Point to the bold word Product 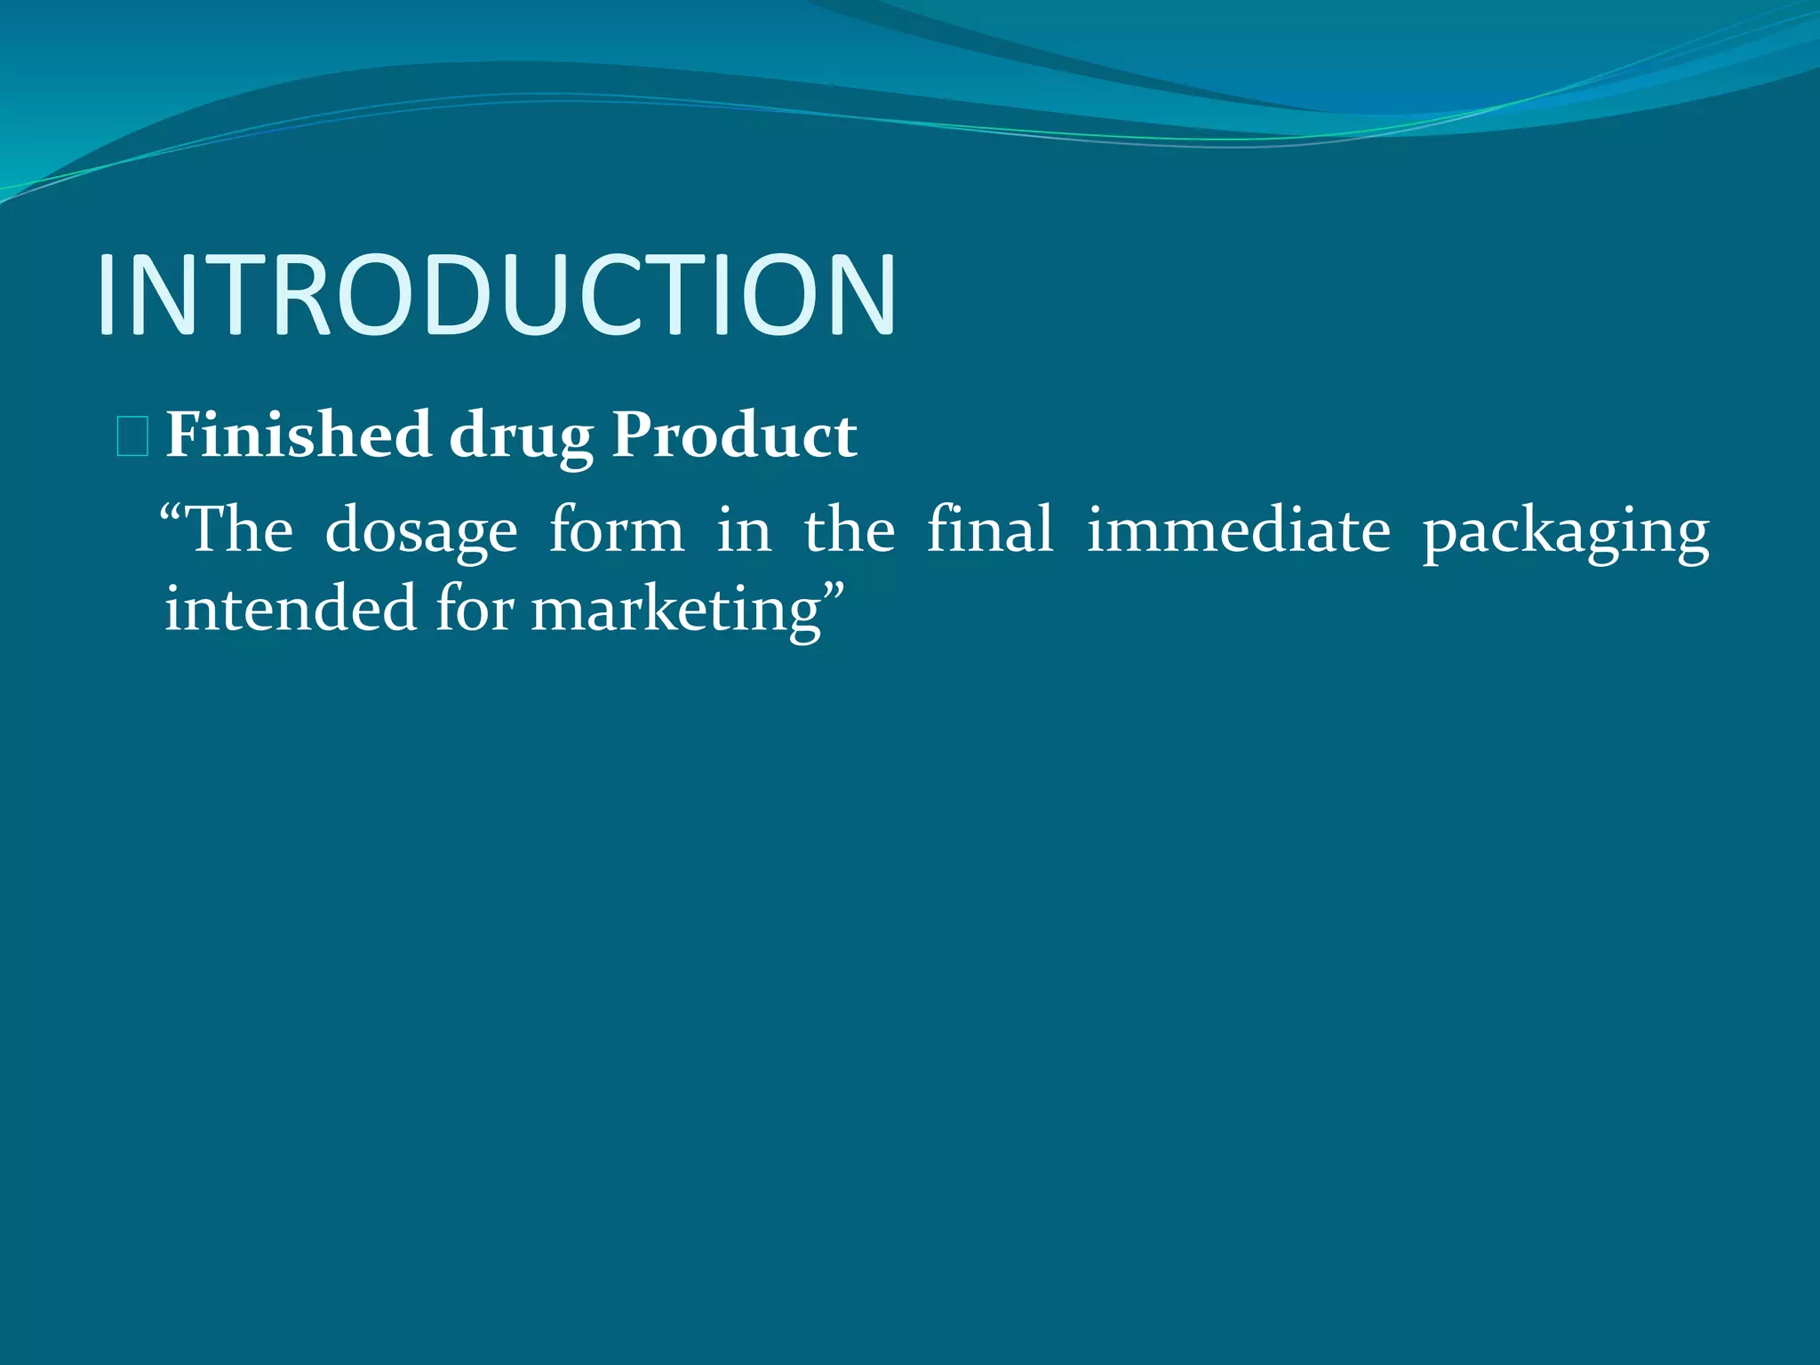[734, 435]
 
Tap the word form [616, 530]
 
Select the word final [989, 530]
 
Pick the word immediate [1238, 530]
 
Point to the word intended [290, 610]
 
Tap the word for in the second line [474, 610]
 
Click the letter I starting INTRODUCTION [108, 295]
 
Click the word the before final [850, 530]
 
